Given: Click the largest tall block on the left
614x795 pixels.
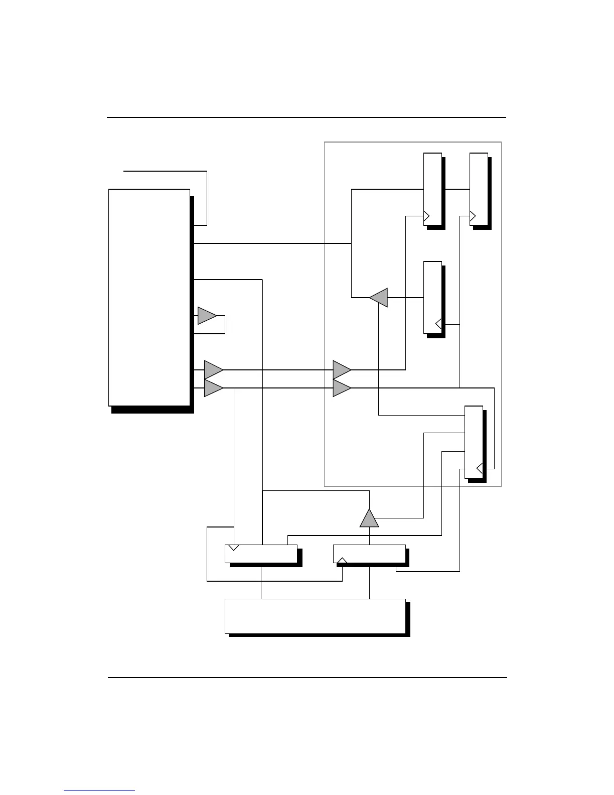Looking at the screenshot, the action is pyautogui.click(x=149, y=297).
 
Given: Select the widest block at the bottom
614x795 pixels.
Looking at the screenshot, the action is pyautogui.click(x=315, y=616).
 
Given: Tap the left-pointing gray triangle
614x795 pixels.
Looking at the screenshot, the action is pyautogui.click(x=379, y=298).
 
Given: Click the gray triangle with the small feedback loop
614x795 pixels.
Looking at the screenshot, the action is pyautogui.click(x=206, y=316).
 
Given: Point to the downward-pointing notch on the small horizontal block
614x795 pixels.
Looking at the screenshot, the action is pyautogui.click(x=233, y=547).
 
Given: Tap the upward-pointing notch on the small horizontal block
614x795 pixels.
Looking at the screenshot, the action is pyautogui.click(x=342, y=560).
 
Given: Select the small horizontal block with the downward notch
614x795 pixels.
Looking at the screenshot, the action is pyautogui.click(x=261, y=554).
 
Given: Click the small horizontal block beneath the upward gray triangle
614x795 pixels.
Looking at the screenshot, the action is pyautogui.click(x=369, y=554).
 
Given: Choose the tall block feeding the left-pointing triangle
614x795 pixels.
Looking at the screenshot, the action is pyautogui.click(x=432, y=297).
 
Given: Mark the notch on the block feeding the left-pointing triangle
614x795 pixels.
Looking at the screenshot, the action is pyautogui.click(x=438, y=324).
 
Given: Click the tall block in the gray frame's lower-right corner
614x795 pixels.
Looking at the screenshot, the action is pyautogui.click(x=474, y=442).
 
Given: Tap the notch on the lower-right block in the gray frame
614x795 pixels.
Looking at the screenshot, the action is pyautogui.click(x=480, y=469).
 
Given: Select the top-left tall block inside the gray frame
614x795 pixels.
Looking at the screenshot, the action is pyautogui.click(x=432, y=189).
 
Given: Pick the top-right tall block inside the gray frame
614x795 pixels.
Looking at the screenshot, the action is pyautogui.click(x=479, y=189).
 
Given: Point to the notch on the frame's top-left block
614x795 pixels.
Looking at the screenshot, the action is pyautogui.click(x=426, y=216).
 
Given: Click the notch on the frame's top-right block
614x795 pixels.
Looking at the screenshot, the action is pyautogui.click(x=472, y=216).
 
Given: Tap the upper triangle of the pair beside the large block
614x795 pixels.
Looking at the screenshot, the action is pyautogui.click(x=213, y=370).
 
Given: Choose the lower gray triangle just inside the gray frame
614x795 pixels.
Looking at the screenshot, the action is pyautogui.click(x=342, y=388).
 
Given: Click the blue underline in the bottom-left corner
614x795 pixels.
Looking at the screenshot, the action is pyautogui.click(x=99, y=790).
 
